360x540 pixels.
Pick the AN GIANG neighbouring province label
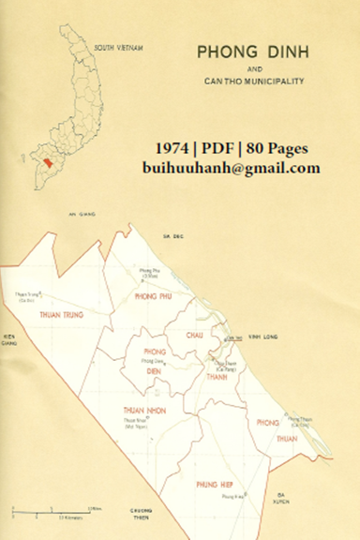coord(66,215)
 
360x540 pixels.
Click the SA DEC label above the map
coord(171,236)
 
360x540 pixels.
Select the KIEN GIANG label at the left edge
coord(10,339)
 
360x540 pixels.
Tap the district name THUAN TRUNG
coord(62,315)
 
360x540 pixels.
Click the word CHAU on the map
coord(195,334)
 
